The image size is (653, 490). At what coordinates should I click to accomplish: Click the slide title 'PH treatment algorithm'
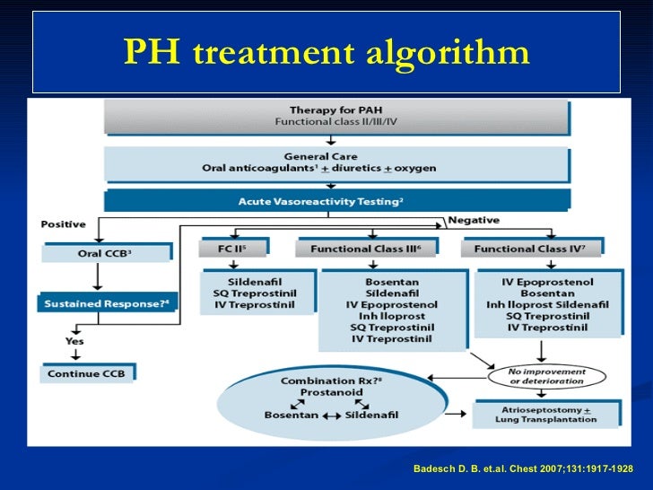pos(326,53)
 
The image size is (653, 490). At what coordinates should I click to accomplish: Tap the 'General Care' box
pos(336,162)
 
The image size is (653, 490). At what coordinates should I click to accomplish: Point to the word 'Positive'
pos(63,223)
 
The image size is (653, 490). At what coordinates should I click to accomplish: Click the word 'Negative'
pos(473,220)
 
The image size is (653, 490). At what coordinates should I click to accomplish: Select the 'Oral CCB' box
pos(105,253)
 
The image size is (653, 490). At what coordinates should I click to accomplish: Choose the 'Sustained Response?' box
pos(107,302)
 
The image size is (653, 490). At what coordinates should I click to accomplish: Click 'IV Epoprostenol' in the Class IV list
pos(546,281)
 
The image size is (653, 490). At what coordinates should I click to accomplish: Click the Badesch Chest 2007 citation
pos(522,468)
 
